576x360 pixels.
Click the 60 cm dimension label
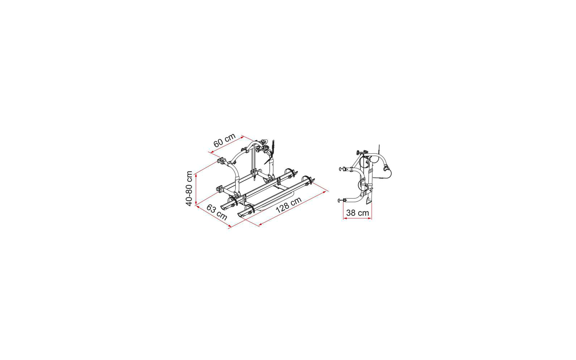225,140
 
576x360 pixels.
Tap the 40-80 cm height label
189,189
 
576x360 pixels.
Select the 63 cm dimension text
217,212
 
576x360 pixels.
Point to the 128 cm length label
288,205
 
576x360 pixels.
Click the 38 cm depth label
357,213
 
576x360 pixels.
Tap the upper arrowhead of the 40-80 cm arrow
196,176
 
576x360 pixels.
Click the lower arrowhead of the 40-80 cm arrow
196,203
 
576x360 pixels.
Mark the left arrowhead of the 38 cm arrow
345,218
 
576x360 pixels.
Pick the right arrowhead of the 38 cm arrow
370,218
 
